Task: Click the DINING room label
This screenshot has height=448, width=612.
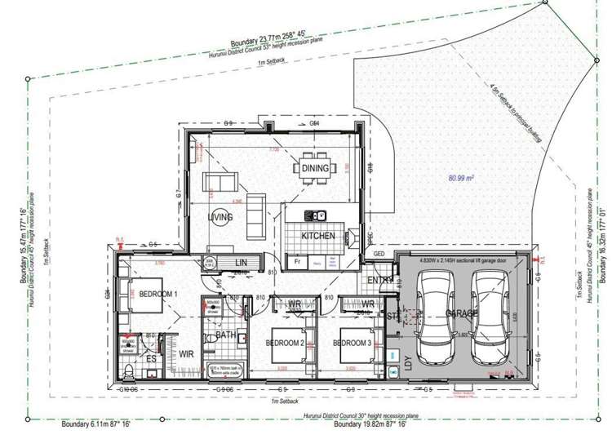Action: click(315, 168)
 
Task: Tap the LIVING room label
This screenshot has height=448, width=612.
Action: click(220, 218)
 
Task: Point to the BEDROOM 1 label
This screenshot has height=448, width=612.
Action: click(160, 293)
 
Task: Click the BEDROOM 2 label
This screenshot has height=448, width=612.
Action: click(286, 344)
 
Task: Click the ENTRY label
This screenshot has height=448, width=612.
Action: click(379, 282)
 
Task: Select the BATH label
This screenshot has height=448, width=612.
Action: click(225, 335)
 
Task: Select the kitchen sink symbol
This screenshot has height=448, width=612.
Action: click(315, 215)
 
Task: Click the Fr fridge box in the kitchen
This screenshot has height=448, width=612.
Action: click(297, 262)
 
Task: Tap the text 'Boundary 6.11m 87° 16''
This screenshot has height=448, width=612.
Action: click(95, 425)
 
